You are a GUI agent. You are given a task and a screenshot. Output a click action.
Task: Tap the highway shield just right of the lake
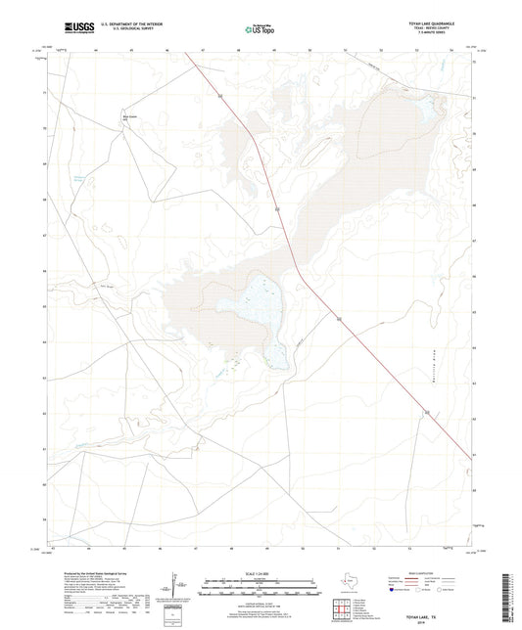coord(339,320)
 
